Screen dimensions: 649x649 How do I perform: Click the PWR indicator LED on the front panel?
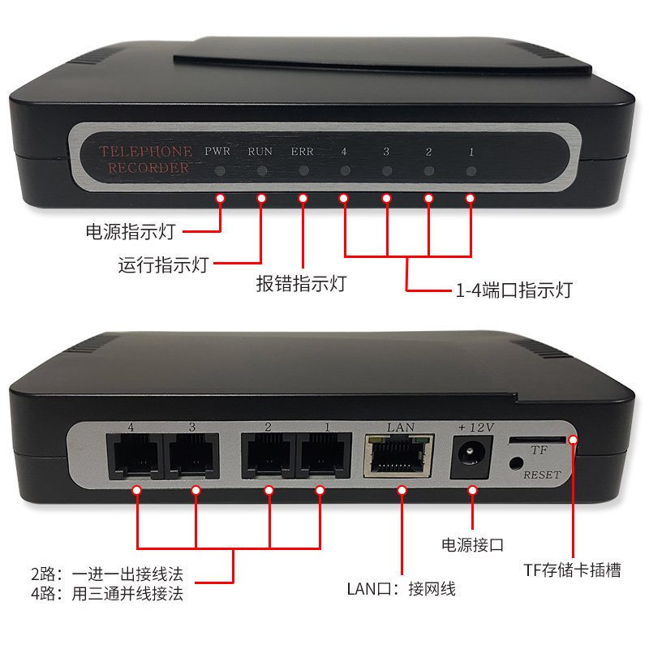click(x=220, y=171)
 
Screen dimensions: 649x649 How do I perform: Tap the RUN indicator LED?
click(x=261, y=171)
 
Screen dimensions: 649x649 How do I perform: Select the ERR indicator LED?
click(x=303, y=171)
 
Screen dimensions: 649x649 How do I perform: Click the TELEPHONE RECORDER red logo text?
click(x=145, y=159)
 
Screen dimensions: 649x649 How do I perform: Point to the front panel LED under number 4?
click(x=345, y=171)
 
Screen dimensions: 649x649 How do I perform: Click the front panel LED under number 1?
click(x=471, y=171)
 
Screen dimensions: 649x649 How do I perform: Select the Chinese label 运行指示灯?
click(x=163, y=264)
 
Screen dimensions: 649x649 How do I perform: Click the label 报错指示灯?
click(x=302, y=283)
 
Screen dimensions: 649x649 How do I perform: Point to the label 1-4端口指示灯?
click(x=513, y=289)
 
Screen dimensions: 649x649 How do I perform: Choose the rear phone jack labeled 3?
click(x=193, y=457)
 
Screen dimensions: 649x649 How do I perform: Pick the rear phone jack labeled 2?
click(x=267, y=457)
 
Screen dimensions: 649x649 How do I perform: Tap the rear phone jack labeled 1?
click(x=323, y=457)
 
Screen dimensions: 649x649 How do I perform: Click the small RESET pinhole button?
click(x=516, y=465)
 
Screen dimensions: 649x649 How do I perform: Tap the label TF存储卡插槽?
click(x=572, y=570)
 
